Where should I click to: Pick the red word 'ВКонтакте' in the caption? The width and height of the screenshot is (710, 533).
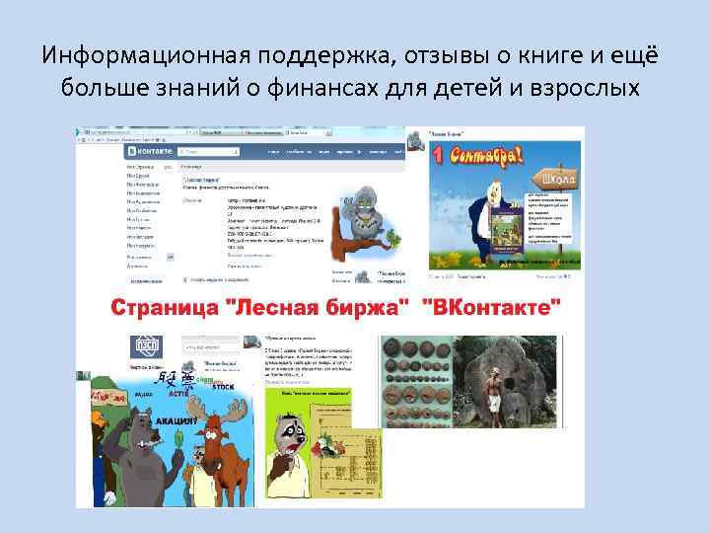498,306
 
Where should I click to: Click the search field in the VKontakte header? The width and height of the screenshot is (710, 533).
212,152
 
